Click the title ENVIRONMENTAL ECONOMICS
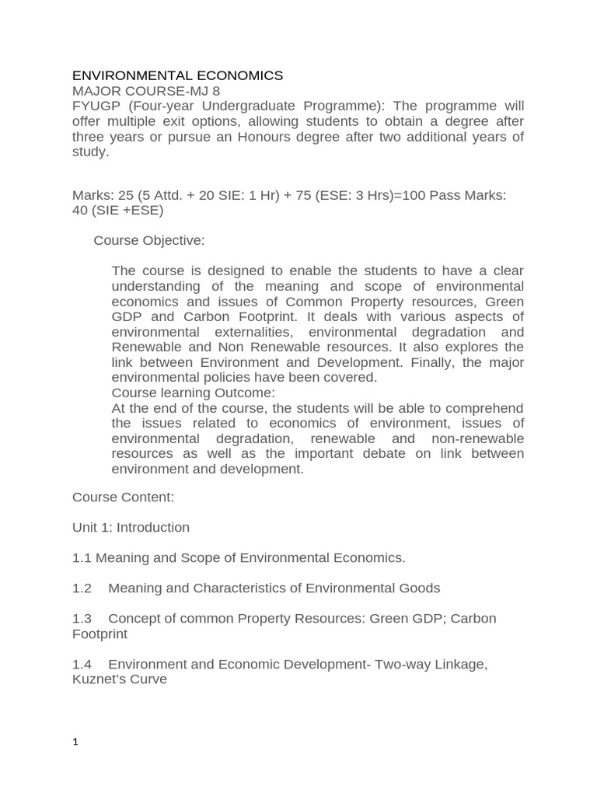tap(177, 75)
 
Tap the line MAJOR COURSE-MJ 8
tap(146, 91)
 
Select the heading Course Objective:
tap(149, 240)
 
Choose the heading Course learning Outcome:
tap(193, 393)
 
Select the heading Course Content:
tap(123, 496)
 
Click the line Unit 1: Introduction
tap(131, 527)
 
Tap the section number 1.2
tap(82, 588)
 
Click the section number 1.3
tap(82, 618)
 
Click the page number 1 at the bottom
tap(75, 742)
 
